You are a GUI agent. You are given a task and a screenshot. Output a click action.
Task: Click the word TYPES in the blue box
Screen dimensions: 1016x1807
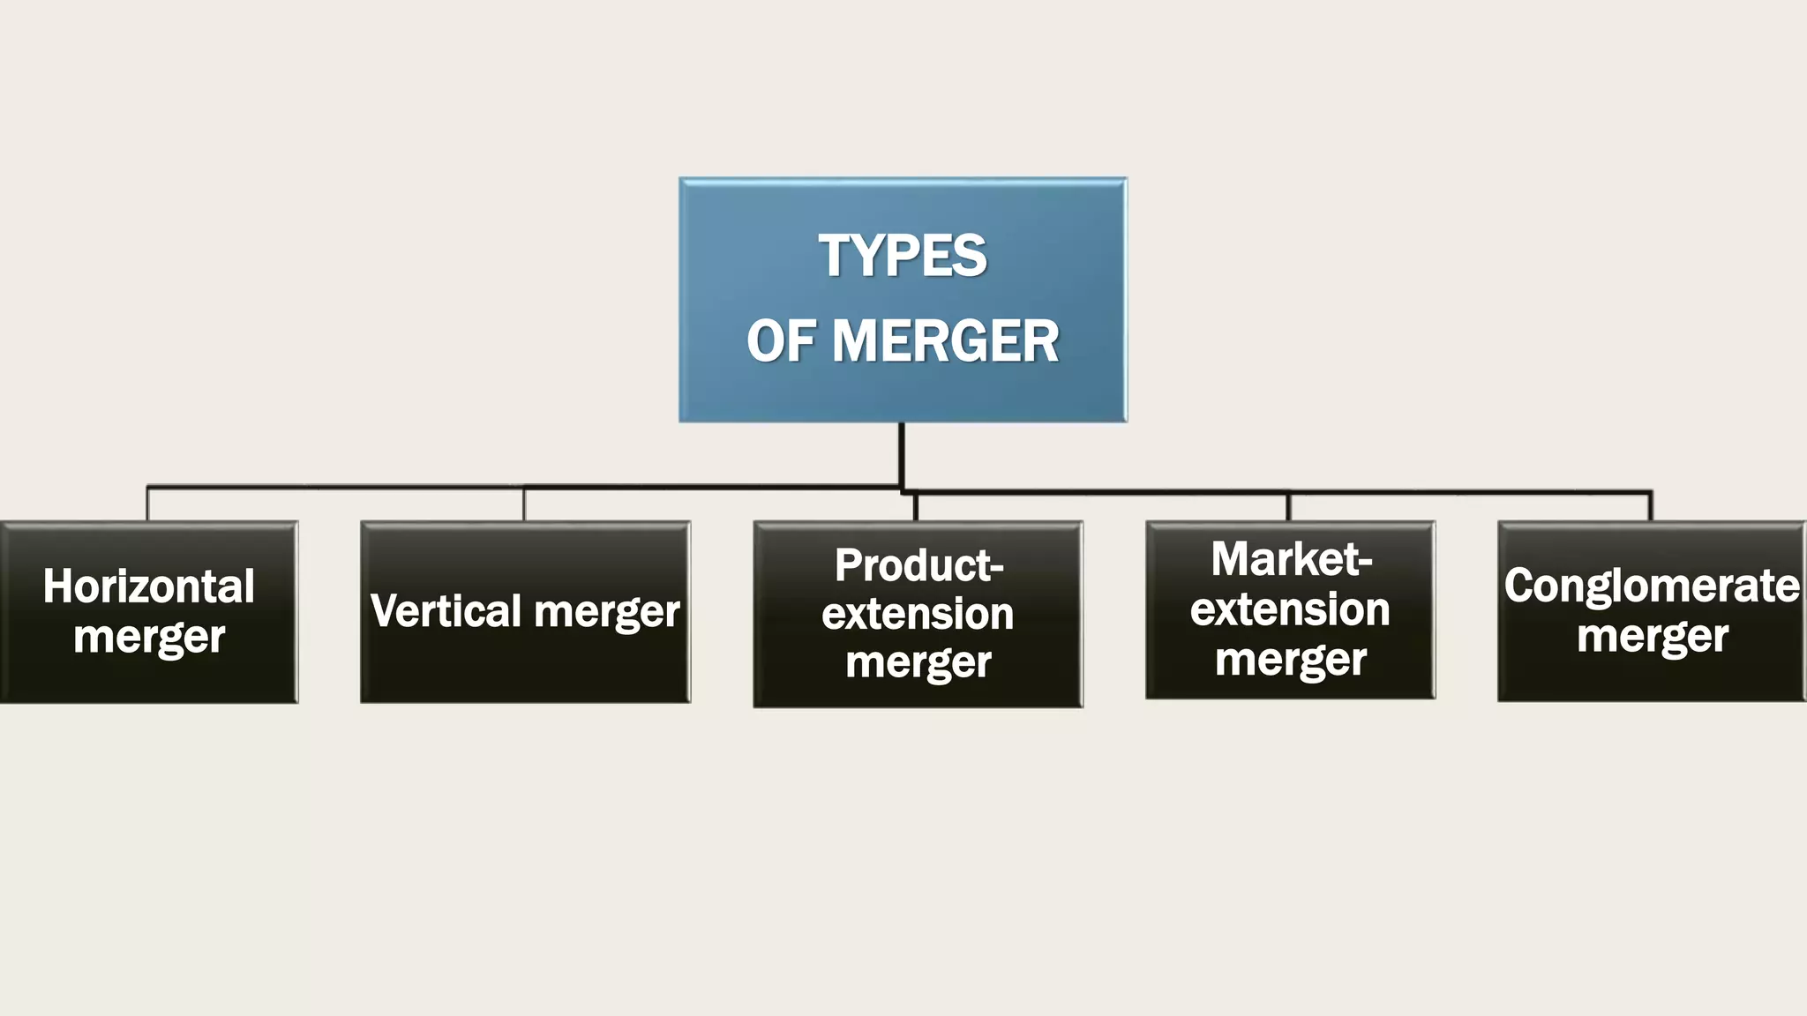(x=902, y=256)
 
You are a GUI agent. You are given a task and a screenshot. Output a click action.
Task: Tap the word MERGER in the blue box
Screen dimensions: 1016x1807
(x=945, y=341)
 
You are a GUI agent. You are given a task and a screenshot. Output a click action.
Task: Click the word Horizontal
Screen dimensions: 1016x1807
(x=149, y=586)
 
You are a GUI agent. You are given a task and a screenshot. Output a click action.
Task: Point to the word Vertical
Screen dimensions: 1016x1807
(x=446, y=611)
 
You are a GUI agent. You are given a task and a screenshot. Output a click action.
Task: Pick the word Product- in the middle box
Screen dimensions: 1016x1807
(x=918, y=565)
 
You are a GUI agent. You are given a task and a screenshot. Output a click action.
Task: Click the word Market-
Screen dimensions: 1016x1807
(x=1291, y=559)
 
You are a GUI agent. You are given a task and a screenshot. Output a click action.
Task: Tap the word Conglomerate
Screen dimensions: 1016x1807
(x=1652, y=586)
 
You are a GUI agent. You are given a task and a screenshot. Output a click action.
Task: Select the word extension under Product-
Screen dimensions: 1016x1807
(x=918, y=614)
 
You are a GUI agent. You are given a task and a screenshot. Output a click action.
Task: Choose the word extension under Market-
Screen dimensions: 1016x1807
(x=1290, y=609)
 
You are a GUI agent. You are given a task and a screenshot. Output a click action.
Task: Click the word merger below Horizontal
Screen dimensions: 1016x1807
(x=149, y=637)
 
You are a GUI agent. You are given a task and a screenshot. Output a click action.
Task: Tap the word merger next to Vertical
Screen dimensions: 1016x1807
(x=607, y=611)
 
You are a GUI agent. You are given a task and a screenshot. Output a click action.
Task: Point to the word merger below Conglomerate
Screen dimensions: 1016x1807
(x=1652, y=636)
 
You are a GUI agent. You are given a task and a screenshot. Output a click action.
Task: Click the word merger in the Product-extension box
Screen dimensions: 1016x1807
(x=918, y=662)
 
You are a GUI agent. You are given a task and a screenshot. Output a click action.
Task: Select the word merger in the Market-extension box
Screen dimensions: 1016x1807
(x=1290, y=659)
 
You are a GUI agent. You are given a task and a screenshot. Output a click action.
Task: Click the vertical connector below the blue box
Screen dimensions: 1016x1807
(x=902, y=454)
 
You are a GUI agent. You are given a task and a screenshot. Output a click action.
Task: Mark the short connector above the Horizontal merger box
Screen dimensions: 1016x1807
(x=147, y=504)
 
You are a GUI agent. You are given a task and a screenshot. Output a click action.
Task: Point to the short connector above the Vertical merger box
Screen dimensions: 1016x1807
(x=524, y=504)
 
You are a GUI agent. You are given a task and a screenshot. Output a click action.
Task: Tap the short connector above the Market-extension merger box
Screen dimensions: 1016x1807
(x=1288, y=507)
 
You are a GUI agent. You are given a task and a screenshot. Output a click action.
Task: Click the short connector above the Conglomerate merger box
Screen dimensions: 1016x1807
(x=1650, y=507)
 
